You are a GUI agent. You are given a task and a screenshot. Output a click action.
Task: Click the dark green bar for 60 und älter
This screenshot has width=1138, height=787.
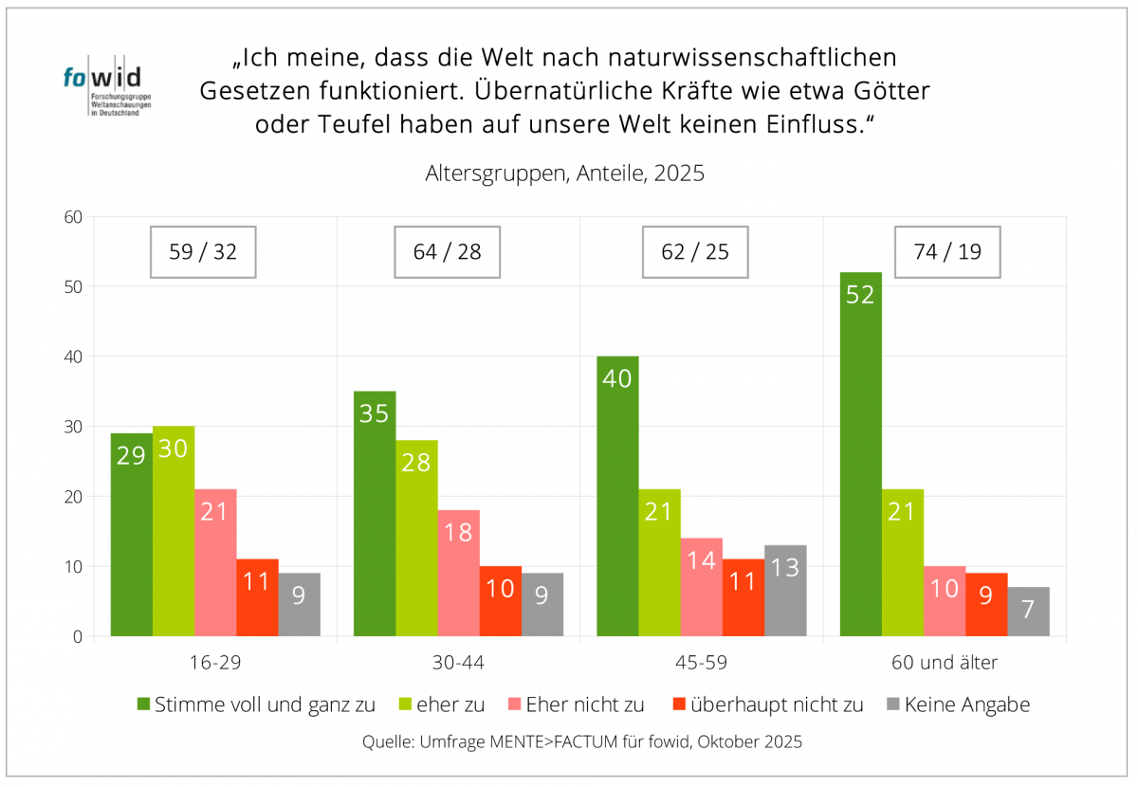pyautogui.click(x=860, y=454)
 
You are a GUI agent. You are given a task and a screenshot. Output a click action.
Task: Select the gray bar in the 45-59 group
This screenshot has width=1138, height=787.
pyautogui.click(x=785, y=591)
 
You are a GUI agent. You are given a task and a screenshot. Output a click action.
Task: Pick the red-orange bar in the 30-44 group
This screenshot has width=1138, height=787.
pyautogui.click(x=500, y=601)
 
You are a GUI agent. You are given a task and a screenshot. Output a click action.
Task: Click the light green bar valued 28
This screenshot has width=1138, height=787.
pyautogui.click(x=416, y=538)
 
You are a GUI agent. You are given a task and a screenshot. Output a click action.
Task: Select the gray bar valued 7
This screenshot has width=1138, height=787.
pyautogui.click(x=1028, y=612)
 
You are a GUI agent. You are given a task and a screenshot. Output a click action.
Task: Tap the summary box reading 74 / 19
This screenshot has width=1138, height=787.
pyautogui.click(x=947, y=252)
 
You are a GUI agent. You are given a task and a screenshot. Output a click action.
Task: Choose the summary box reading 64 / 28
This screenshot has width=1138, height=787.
pyautogui.click(x=447, y=252)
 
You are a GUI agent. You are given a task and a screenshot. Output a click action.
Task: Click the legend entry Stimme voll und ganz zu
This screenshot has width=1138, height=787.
pyautogui.click(x=255, y=705)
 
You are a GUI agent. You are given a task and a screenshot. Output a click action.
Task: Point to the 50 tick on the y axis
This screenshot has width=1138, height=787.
pyautogui.click(x=74, y=286)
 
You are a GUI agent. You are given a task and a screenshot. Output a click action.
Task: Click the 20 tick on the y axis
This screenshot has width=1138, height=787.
pyautogui.click(x=74, y=497)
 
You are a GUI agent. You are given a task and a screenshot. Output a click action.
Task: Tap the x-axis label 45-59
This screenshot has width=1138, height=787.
pyautogui.click(x=702, y=663)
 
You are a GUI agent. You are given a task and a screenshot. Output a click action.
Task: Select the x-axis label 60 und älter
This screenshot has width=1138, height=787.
pyautogui.click(x=945, y=663)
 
